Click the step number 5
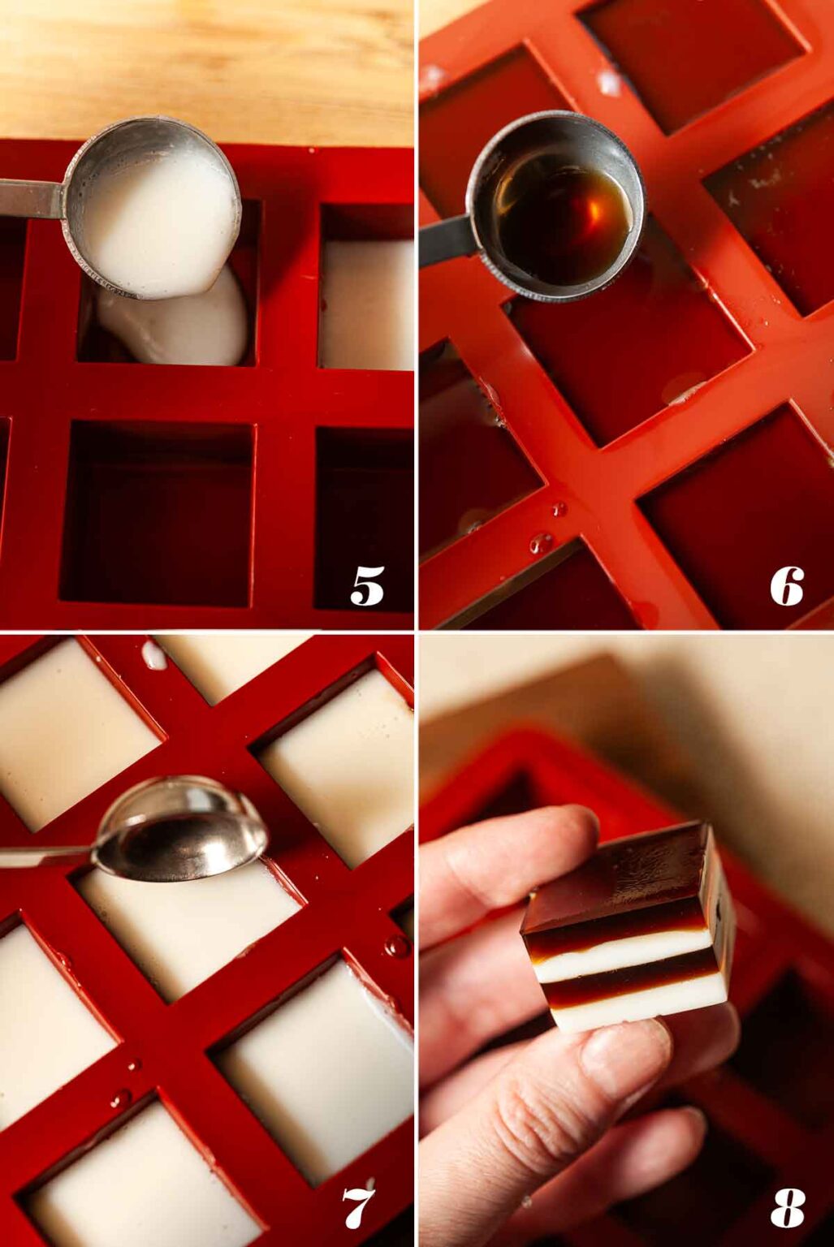[x=367, y=586]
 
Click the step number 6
[x=786, y=586]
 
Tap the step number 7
[x=358, y=1208]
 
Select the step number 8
[x=786, y=1208]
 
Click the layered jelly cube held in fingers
[x=627, y=926]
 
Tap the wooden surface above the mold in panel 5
[x=203, y=65]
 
